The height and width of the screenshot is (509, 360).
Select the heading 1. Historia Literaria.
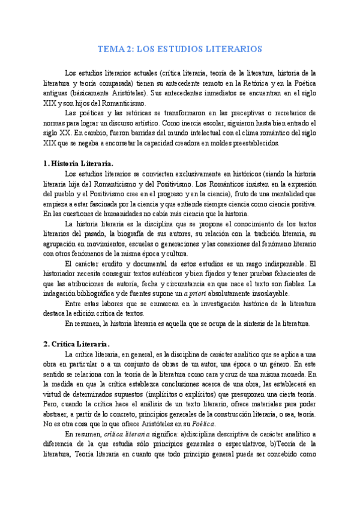point(78,163)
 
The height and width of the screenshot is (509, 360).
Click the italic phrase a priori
point(196,294)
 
